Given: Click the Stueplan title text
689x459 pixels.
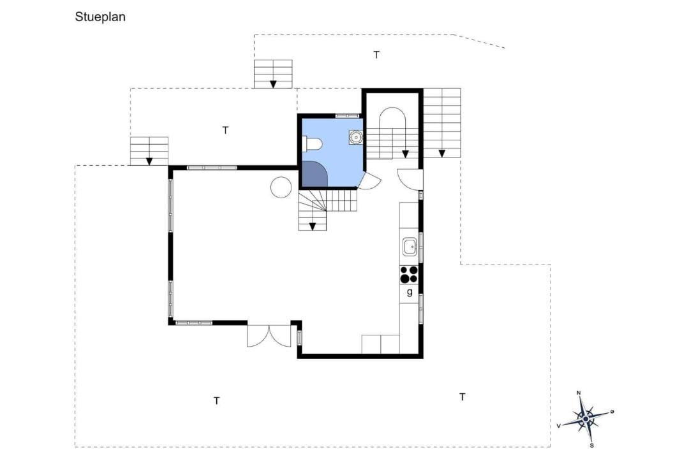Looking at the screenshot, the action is tap(100, 17).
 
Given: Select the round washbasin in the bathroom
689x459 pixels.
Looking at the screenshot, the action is tap(355, 137).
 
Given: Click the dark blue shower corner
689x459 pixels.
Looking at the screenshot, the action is tap(314, 173).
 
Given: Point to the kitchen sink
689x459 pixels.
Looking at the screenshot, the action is tap(410, 247).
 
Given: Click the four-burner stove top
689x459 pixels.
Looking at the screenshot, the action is tap(409, 275).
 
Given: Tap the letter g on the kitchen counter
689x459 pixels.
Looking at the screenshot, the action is tap(410, 292).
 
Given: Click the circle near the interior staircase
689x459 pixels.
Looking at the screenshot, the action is tap(281, 187).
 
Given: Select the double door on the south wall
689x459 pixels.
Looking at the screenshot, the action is tap(269, 336).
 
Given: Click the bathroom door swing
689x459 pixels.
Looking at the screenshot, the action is tap(370, 180).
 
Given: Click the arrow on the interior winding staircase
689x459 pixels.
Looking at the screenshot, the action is tap(313, 227).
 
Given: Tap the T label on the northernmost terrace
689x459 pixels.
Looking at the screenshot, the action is tap(376, 55).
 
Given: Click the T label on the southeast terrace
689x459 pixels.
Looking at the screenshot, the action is tap(463, 397).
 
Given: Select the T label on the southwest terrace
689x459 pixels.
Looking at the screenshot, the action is tap(217, 401).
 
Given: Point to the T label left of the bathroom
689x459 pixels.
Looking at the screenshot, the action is tap(225, 131).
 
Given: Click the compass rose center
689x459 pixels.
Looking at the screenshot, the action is tap(586, 419).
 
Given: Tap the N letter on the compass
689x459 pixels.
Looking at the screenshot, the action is tap(579, 393).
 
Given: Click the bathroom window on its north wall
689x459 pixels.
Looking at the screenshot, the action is tap(348, 116).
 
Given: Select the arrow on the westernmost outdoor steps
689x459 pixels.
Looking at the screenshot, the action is tap(149, 161).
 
